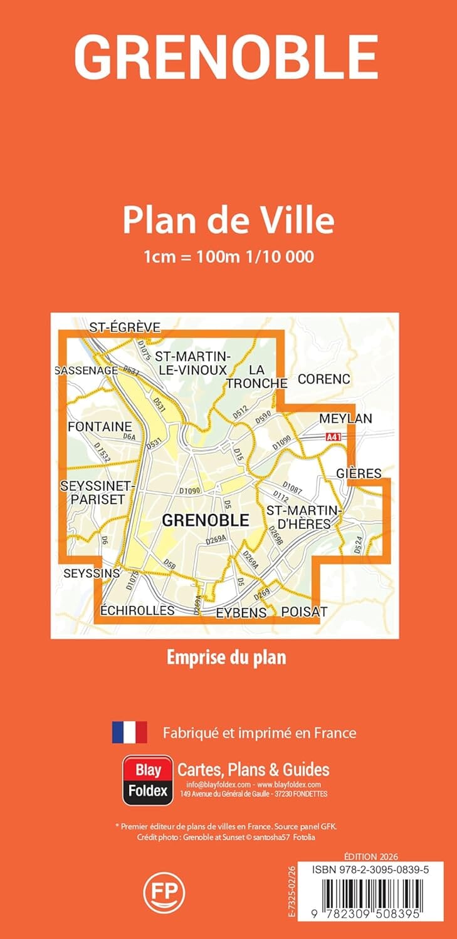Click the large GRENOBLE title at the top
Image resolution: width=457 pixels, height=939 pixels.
click(227, 57)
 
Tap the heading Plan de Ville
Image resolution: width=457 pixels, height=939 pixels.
click(228, 220)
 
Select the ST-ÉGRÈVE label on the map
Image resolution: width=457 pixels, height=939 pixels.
click(125, 327)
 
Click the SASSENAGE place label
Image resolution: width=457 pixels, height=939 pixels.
click(87, 371)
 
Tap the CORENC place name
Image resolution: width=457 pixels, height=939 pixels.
click(323, 379)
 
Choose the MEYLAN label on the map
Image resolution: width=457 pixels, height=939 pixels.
click(345, 418)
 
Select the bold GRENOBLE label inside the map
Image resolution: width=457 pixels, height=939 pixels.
click(205, 520)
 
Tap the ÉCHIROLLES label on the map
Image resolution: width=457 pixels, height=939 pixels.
click(137, 610)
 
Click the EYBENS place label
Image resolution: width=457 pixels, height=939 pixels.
click(241, 612)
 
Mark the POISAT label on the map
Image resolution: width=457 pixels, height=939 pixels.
click(305, 612)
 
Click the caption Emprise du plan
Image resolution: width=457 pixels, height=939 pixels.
click(226, 658)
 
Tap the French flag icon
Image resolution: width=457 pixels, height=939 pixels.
click(129, 732)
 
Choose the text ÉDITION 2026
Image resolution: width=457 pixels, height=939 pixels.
click(371, 856)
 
